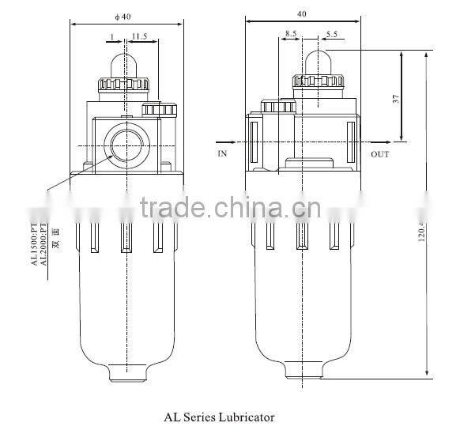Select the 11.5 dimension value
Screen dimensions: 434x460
pyautogui.click(x=139, y=36)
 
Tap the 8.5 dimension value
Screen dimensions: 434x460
pyautogui.click(x=291, y=35)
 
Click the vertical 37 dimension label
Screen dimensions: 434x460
pyautogui.click(x=395, y=99)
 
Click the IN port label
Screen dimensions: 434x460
pyautogui.click(x=222, y=154)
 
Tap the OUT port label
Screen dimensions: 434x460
pyautogui.click(x=380, y=154)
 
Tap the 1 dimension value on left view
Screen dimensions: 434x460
pyautogui.click(x=113, y=36)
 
